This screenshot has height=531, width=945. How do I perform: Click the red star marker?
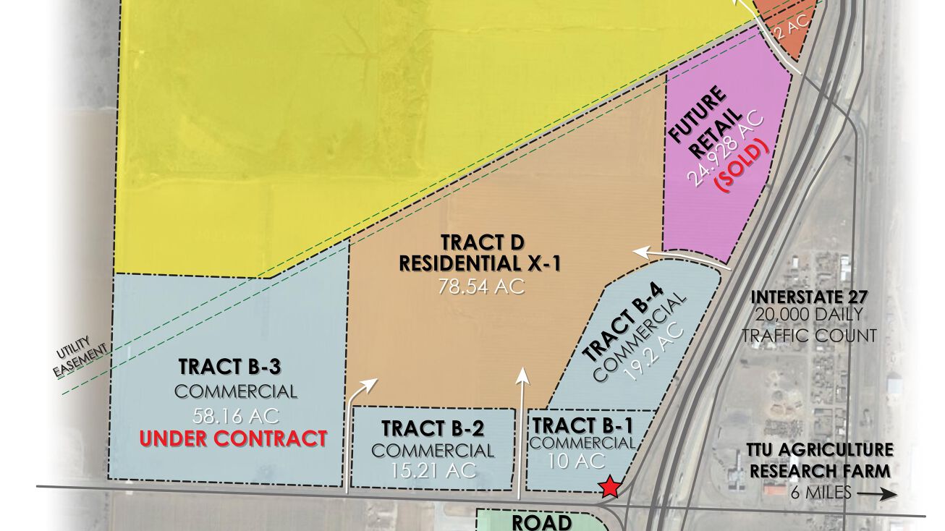(611, 487)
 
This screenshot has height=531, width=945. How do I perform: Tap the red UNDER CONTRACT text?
(233, 438)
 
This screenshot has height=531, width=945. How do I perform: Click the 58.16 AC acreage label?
(236, 417)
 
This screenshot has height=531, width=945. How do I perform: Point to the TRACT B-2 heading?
(433, 428)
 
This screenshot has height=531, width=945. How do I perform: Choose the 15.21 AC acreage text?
(433, 470)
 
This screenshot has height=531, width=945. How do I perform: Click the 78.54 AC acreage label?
(480, 286)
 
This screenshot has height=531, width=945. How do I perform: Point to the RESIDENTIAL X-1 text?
(480, 264)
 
